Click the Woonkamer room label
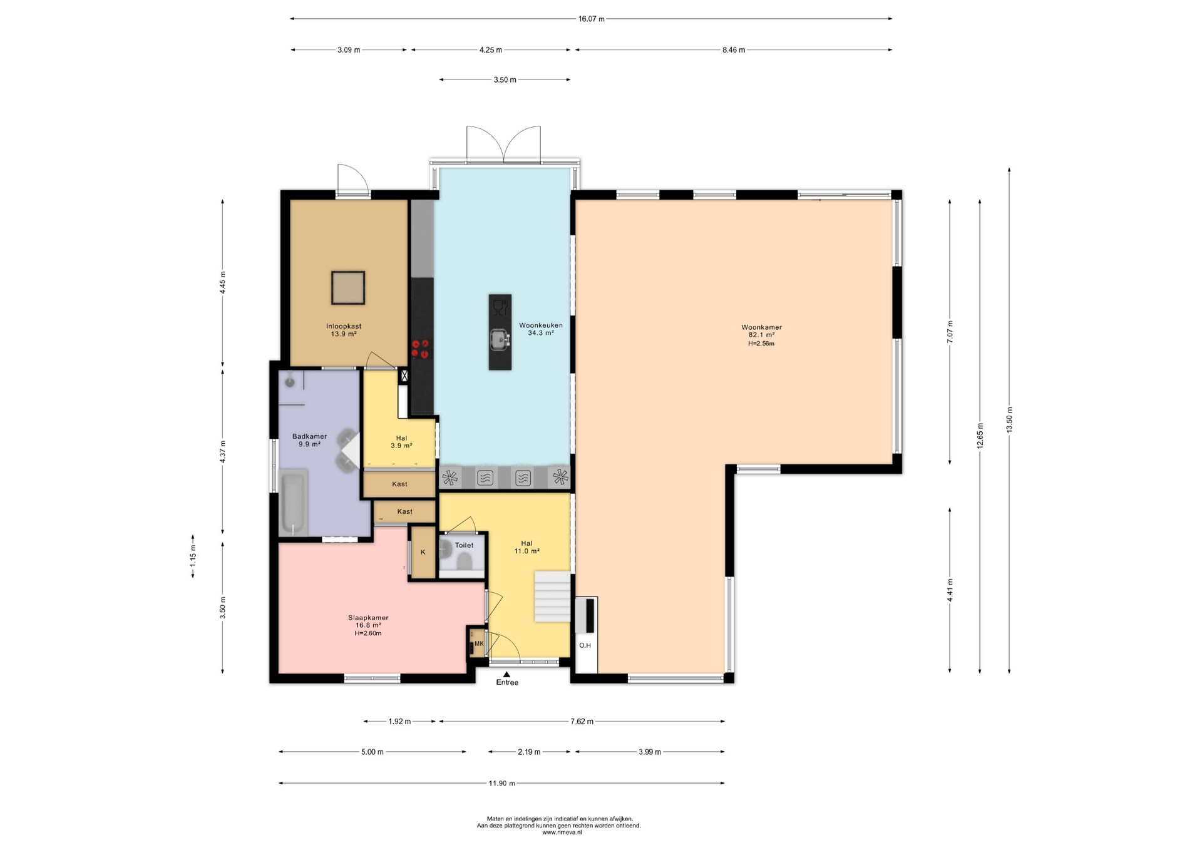pos(761,327)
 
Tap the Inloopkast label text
pos(344,326)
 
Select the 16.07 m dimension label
pos(591,19)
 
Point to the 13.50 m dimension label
pos(1009,419)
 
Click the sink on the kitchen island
pos(500,339)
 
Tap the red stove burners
pos(421,349)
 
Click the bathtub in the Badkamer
pos(292,503)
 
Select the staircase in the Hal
pos(552,597)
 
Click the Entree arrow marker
pos(506,674)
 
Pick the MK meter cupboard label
pos(479,643)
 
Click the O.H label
pos(585,645)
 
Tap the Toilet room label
pos(464,545)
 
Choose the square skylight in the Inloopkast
pos(348,288)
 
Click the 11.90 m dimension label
pos(502,783)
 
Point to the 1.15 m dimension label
pos(193,556)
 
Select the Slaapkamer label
pos(368,618)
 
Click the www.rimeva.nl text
pos(562,832)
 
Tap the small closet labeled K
pos(423,552)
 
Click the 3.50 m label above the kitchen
pos(505,79)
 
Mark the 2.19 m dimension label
pos(529,752)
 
